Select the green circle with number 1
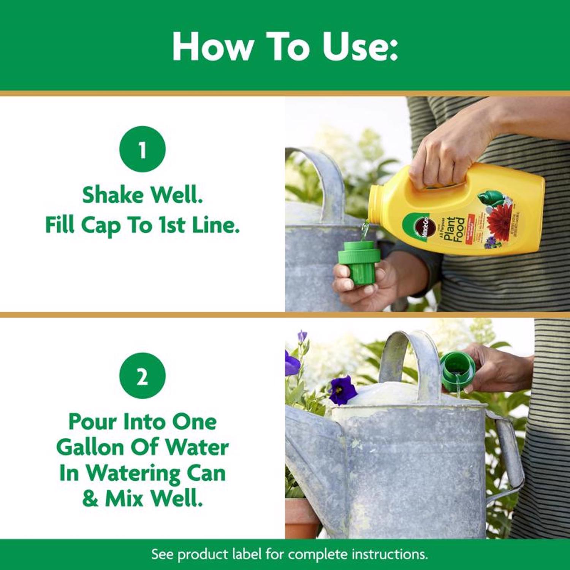[142, 149]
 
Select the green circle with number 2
[142, 376]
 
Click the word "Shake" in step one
[112, 195]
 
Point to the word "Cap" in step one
[100, 225]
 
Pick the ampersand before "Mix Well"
[90, 499]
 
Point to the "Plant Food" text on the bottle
[454, 230]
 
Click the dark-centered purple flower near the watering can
[343, 390]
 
